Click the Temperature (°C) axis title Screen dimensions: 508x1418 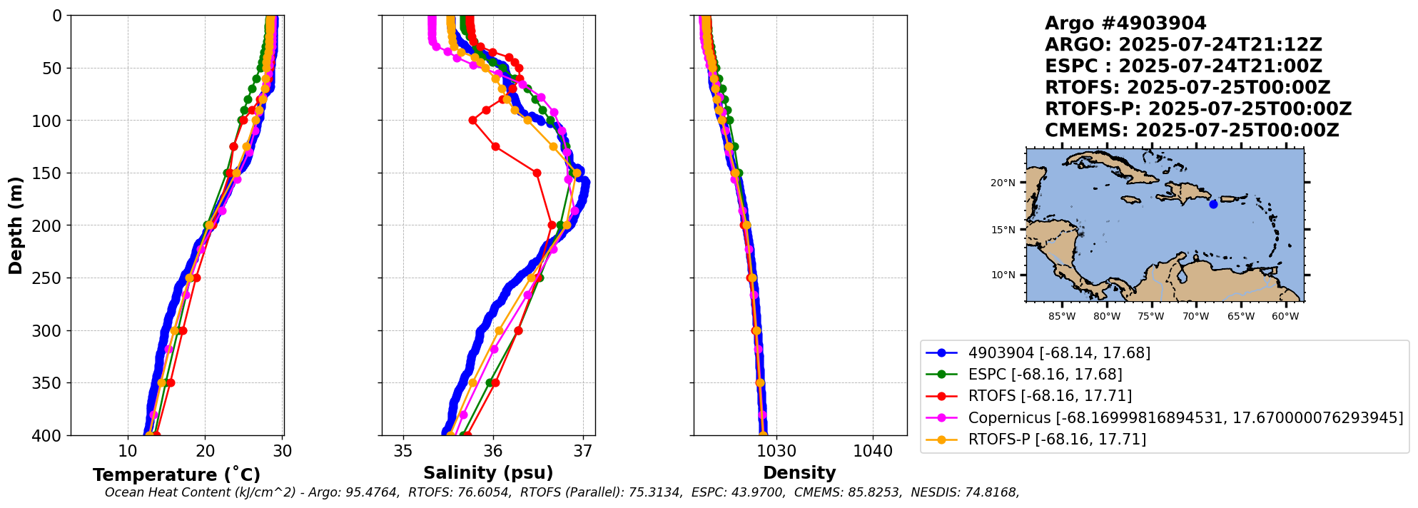(176, 475)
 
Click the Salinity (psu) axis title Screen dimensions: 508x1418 (488, 473)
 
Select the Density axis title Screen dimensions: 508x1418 (799, 473)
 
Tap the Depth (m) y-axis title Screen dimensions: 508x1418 (16, 225)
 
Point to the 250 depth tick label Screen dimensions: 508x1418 (48, 278)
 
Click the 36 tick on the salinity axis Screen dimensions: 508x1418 (493, 451)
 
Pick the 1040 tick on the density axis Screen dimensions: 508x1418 (873, 451)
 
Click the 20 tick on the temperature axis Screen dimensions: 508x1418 (206, 451)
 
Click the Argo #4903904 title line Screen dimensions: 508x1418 (1125, 24)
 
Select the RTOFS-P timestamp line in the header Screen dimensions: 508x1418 (1198, 109)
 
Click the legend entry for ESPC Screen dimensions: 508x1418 (1045, 375)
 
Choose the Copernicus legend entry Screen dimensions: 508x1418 (1185, 418)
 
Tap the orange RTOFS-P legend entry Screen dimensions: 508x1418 (1056, 440)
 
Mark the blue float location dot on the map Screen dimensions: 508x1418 (1213, 204)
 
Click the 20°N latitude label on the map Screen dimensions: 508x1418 (1003, 183)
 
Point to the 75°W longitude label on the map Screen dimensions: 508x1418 (1151, 317)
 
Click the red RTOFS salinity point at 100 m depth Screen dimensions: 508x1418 (472, 121)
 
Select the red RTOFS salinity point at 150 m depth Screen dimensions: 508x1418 (537, 173)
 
